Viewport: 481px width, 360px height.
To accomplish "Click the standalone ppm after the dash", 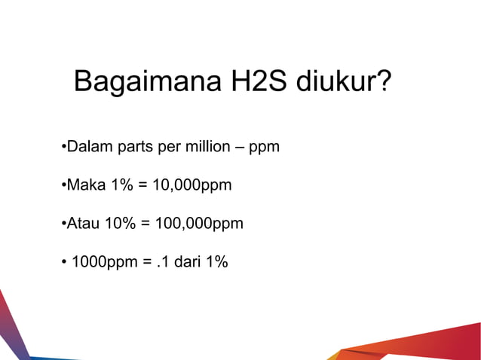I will pyautogui.click(x=265, y=147).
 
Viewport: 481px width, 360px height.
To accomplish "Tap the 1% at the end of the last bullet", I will pyautogui.click(x=216, y=263).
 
